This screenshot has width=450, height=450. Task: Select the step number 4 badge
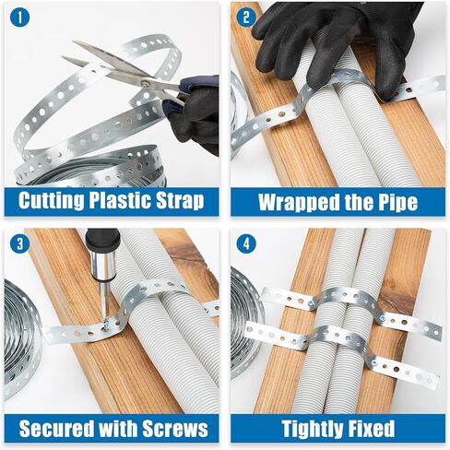tap(246, 243)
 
